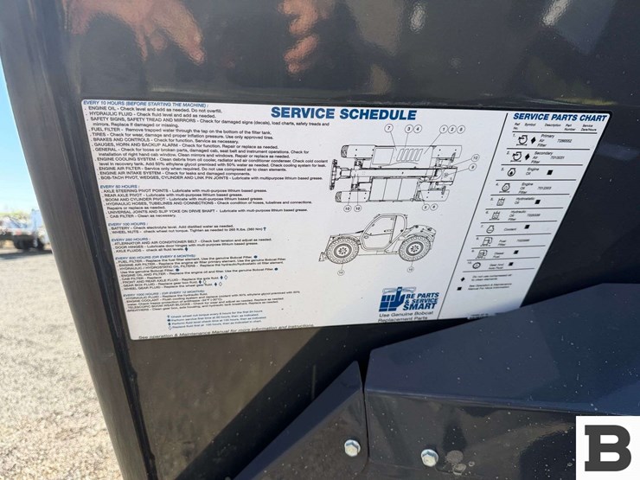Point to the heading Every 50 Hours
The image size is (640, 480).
tap(123, 186)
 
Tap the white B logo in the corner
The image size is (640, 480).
tap(607, 447)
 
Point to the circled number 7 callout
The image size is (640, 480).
tap(389, 128)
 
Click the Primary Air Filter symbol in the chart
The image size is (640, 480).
tap(522, 139)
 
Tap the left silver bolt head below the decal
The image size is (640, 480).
tap(351, 447)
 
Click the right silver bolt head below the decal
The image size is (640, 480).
tap(429, 456)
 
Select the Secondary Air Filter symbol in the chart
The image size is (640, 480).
tap(517, 156)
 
